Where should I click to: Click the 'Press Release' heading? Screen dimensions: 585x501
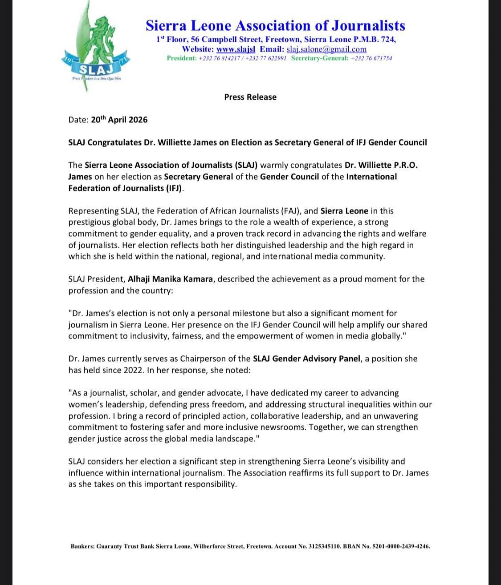250,97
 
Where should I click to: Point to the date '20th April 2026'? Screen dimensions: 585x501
119,120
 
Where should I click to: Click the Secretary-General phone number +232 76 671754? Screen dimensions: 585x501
371,58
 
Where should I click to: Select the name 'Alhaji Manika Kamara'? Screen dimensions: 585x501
170,279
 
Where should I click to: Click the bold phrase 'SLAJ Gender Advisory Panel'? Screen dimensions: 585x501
306,359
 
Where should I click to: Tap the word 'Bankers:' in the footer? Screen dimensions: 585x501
83,546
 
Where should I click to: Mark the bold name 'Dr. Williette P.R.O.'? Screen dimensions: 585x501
381,165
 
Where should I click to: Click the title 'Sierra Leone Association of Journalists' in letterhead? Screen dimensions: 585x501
275,25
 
